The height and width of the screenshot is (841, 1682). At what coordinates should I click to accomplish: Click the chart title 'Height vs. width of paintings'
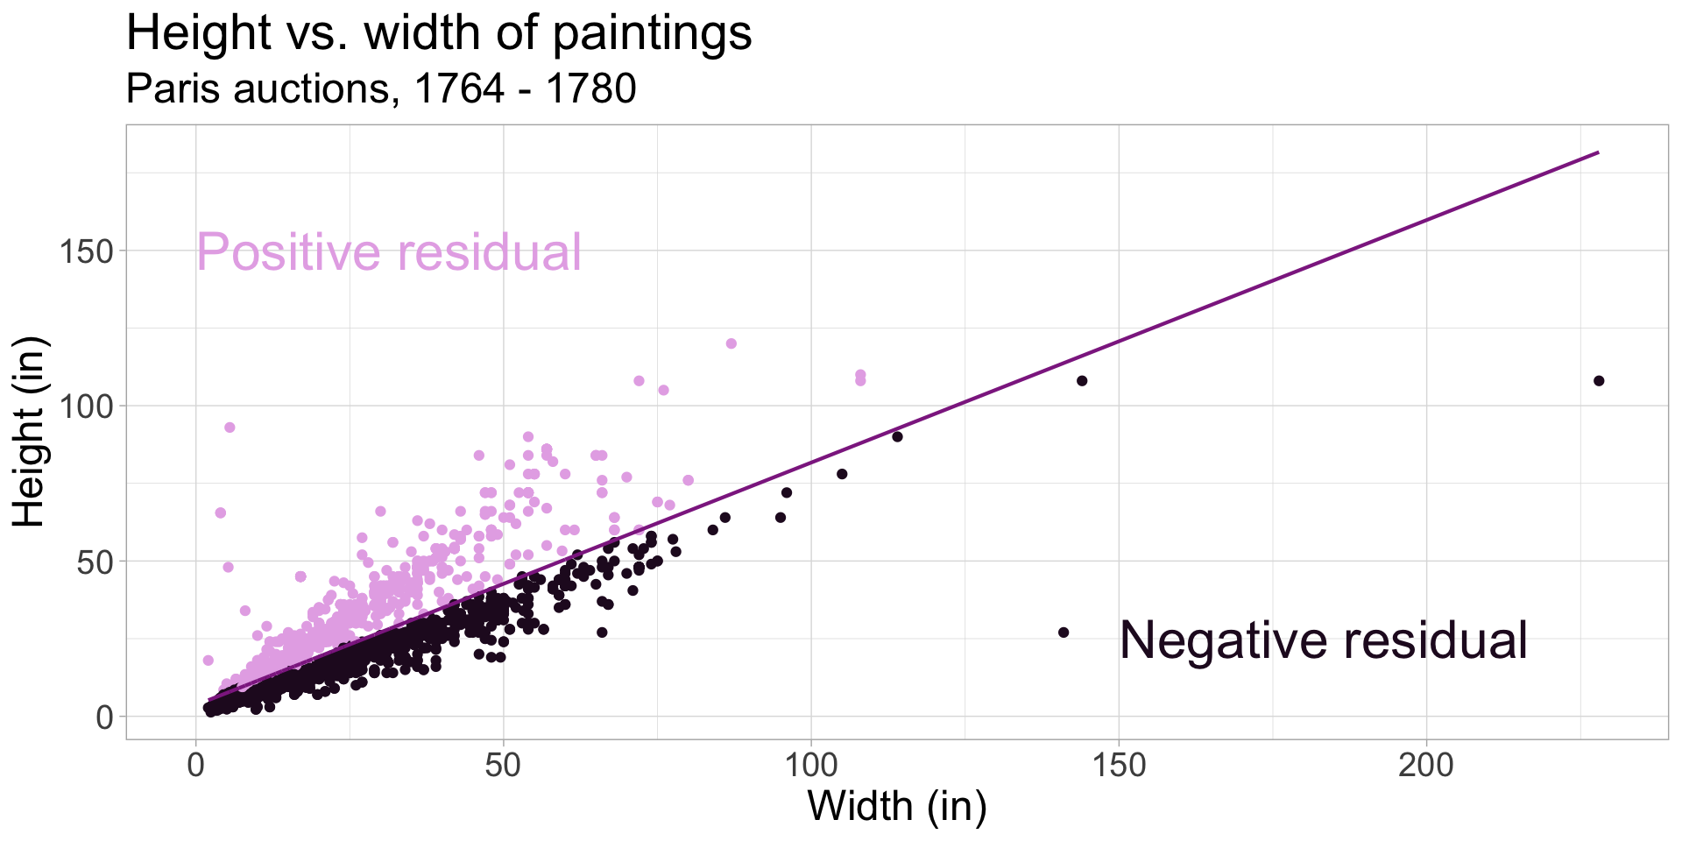coord(439,33)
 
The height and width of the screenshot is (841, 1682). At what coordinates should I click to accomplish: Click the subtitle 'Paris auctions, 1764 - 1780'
coord(381,88)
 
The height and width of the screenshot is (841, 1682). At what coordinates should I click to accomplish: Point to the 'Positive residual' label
coord(388,252)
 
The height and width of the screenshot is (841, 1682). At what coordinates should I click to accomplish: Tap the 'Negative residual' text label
coord(1323,640)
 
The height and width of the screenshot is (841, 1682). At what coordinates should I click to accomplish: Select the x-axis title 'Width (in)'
coord(896,805)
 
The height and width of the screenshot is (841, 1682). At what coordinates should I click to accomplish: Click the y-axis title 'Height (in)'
coord(30,432)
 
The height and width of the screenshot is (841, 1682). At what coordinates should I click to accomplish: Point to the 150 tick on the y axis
coord(87,251)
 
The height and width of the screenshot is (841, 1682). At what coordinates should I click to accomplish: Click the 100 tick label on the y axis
coord(87,406)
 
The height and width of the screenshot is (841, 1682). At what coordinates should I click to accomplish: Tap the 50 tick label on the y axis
coord(95,562)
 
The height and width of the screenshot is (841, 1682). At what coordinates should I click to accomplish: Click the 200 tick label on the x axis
coord(1426,766)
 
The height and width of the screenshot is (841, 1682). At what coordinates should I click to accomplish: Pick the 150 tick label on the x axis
coord(1119,766)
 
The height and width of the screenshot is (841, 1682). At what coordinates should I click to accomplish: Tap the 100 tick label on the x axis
coord(811,766)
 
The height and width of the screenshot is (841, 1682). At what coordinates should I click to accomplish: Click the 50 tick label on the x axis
coord(503,766)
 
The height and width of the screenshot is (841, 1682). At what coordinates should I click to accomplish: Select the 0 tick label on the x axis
coord(195,766)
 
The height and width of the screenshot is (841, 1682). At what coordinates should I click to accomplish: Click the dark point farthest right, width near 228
coord(1599,381)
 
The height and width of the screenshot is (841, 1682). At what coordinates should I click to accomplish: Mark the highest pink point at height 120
coord(731,343)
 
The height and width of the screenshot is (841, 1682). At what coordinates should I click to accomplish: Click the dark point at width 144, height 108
coord(1082,381)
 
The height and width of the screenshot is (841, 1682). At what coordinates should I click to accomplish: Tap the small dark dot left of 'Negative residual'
coord(1064,633)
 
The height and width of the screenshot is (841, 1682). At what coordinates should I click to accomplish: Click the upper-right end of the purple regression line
coord(1598,153)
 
